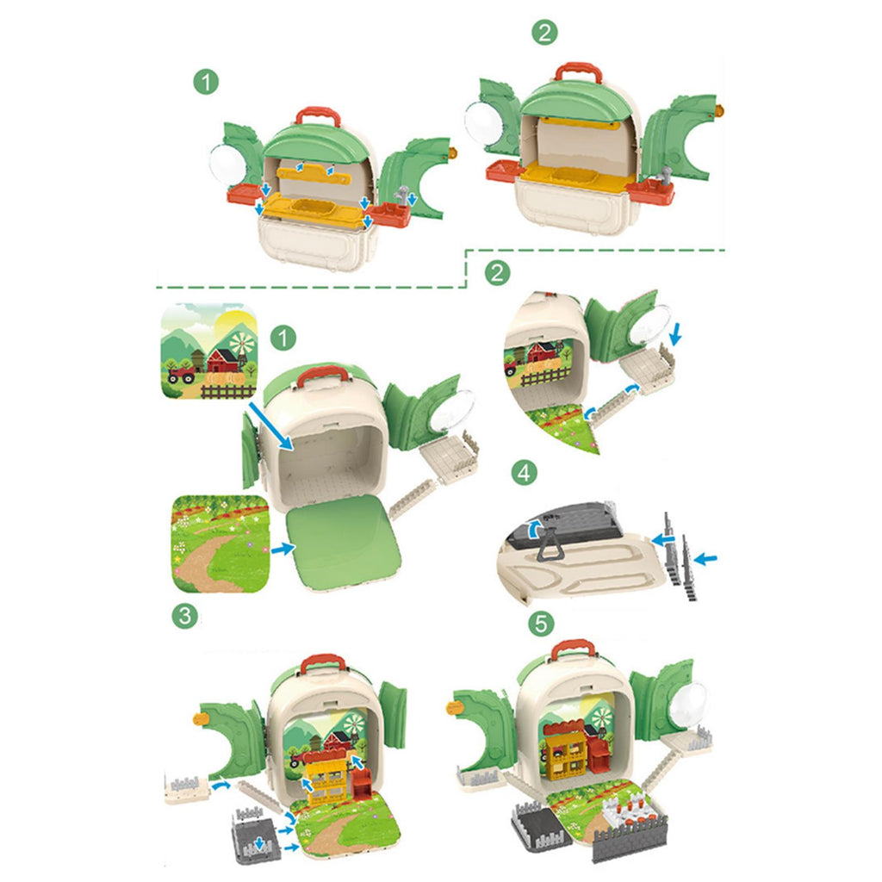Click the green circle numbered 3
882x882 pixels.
pyautogui.click(x=185, y=616)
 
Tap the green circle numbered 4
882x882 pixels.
pyautogui.click(x=524, y=473)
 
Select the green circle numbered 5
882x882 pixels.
pyautogui.click(x=541, y=624)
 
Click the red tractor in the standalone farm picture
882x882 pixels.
pyautogui.click(x=181, y=374)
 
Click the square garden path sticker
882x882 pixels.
pyautogui.click(x=220, y=544)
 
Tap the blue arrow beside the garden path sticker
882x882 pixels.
pyautogui.click(x=283, y=548)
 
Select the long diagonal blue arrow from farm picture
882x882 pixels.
pyautogui.click(x=270, y=425)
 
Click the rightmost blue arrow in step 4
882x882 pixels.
pyautogui.click(x=705, y=558)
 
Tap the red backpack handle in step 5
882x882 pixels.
pyautogui.click(x=572, y=649)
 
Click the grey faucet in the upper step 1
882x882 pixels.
pyautogui.click(x=402, y=196)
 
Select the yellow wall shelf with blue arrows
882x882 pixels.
pyautogui.click(x=315, y=176)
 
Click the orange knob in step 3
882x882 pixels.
pyautogui.click(x=199, y=718)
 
